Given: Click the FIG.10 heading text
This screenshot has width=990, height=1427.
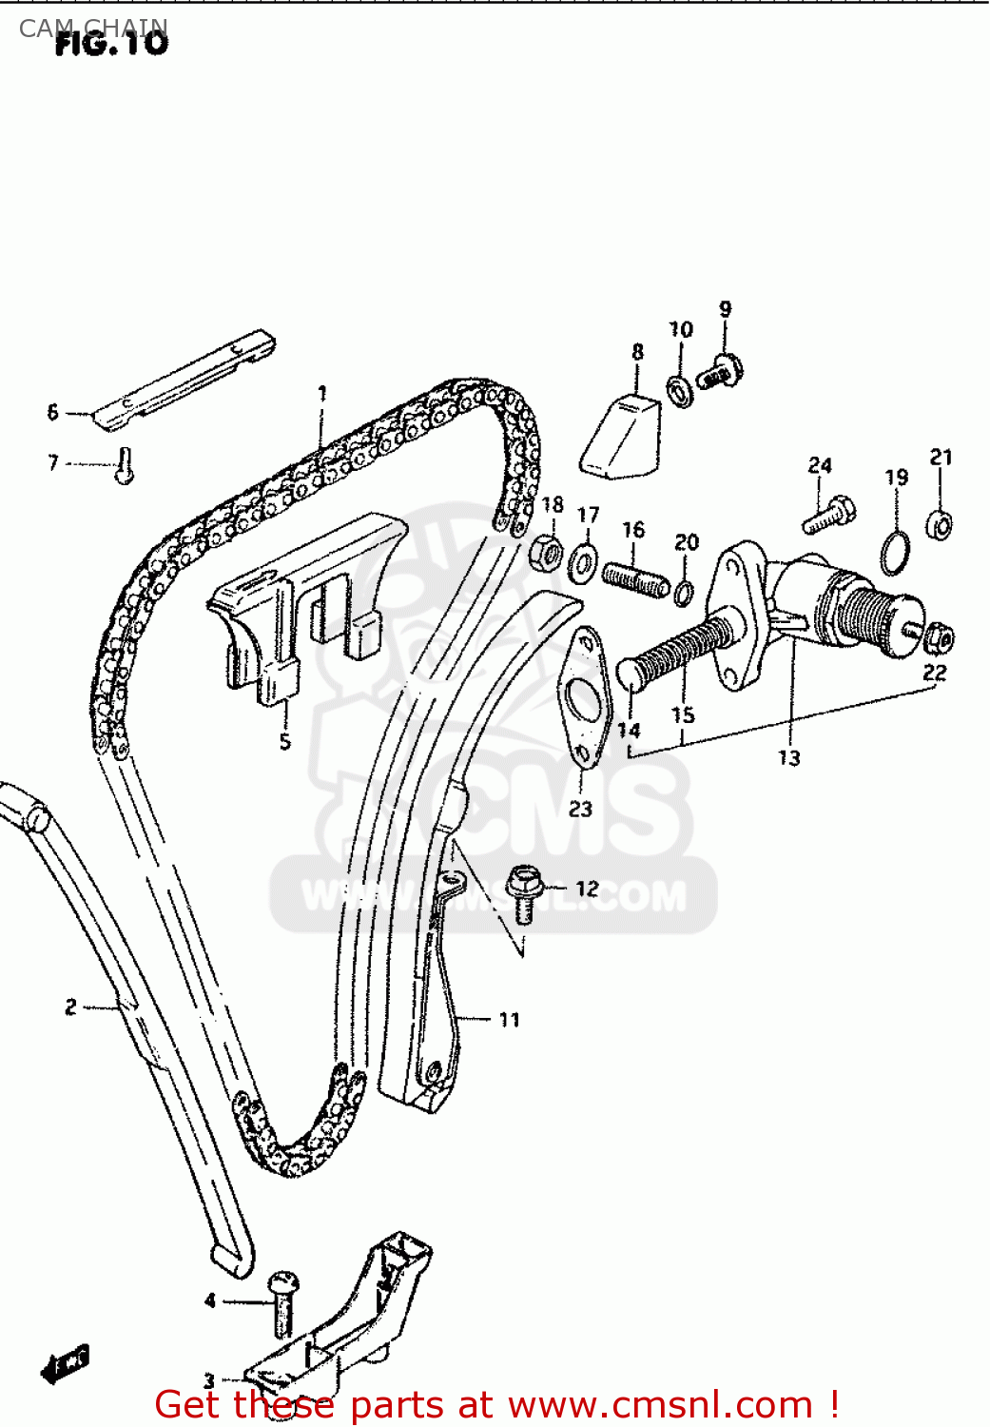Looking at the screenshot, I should click(111, 43).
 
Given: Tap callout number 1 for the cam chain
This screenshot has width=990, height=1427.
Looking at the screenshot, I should click(321, 393).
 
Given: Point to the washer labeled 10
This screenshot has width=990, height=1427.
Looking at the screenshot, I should click(680, 389).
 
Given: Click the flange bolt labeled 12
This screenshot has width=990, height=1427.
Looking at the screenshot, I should click(522, 892).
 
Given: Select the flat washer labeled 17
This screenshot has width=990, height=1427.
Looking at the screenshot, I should click(582, 563).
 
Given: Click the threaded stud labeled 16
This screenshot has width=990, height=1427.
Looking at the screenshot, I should click(635, 578).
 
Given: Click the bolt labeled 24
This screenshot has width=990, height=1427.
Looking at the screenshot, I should click(828, 515).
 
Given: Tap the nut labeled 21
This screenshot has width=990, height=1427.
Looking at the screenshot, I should click(940, 523).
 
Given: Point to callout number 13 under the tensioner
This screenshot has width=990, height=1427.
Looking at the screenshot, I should click(789, 757).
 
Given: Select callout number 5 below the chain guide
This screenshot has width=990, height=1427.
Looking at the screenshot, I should click(284, 741).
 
